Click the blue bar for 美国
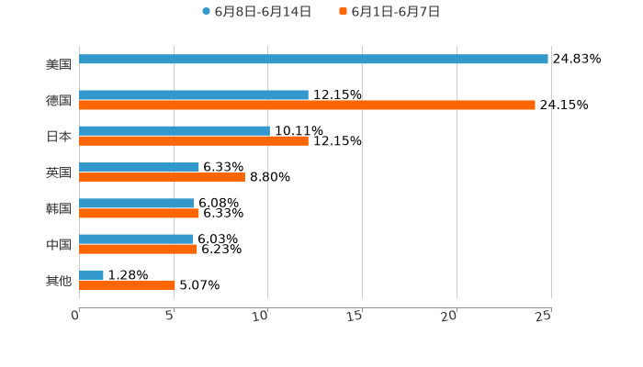click(313, 59)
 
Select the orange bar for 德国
click(307, 105)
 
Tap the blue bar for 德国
click(194, 95)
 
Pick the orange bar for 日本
click(194, 140)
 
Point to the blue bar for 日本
click(175, 130)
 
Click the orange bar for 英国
click(162, 177)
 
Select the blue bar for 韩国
click(137, 203)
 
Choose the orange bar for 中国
click(138, 249)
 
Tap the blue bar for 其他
click(92, 274)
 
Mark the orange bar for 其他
click(127, 284)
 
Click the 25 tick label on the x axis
click(544, 316)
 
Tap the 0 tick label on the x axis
click(75, 316)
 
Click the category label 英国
click(59, 172)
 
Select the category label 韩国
click(59, 208)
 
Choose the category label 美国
click(59, 64)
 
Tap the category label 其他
click(59, 280)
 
